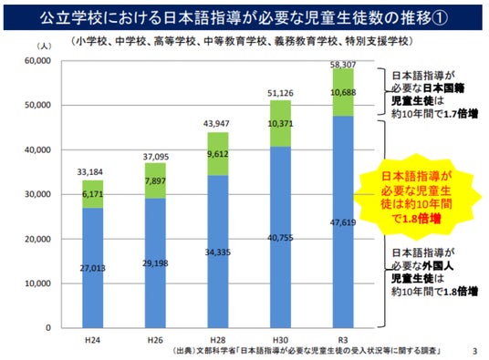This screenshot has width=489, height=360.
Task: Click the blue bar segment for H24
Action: (93, 268)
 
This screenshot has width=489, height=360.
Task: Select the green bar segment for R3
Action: (343, 92)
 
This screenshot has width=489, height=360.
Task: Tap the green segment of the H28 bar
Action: (218, 154)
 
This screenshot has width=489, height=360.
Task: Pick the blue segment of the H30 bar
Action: (280, 237)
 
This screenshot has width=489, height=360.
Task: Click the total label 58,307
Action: (343, 65)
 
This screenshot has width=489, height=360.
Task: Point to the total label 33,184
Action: (89, 172)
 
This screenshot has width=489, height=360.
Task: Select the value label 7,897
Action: (155, 181)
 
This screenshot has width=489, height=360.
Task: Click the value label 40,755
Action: (280, 238)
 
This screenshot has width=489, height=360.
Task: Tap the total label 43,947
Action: (216, 124)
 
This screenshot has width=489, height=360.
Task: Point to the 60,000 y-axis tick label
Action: (37, 61)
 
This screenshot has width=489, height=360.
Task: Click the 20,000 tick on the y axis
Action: (37, 239)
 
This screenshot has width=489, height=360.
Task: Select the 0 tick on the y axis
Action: (48, 327)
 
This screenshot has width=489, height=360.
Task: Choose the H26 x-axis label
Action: (155, 340)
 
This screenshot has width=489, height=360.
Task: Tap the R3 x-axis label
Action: (343, 340)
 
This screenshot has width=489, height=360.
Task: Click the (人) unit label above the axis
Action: (44, 46)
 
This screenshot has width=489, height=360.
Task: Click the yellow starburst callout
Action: (417, 197)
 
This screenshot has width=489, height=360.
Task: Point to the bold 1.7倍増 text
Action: (461, 114)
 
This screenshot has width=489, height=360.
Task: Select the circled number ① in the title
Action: (440, 18)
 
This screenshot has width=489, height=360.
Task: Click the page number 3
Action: (474, 351)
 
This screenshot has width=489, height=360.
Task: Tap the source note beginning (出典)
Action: (307, 351)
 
